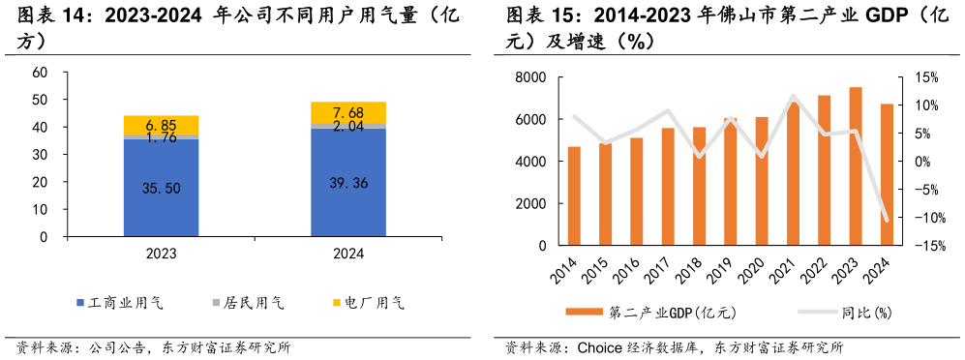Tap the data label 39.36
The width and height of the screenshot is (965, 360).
[x=347, y=183]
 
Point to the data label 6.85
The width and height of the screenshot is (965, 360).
[x=161, y=126]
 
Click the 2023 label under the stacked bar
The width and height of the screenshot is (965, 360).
[x=161, y=254]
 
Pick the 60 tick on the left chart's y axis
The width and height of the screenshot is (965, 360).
[x=40, y=73]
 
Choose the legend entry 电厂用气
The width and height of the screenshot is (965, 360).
[x=368, y=304]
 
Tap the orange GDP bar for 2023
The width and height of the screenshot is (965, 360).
[x=856, y=166]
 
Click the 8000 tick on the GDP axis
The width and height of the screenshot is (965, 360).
[x=530, y=78]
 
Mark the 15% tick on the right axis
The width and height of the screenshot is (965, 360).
[x=926, y=78]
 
